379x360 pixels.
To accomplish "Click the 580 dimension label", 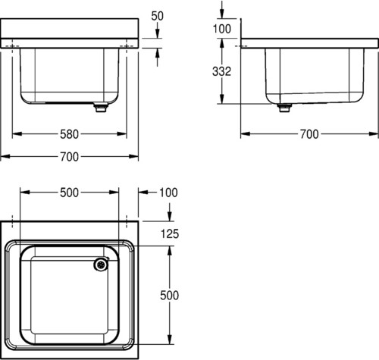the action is (69, 134).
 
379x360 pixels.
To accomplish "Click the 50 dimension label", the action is (157, 16).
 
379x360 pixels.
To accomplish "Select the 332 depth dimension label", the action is (221, 71).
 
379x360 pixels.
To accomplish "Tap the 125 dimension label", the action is (170, 233).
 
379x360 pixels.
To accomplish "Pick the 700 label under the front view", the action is (70, 157).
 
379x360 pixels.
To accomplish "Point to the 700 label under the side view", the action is (309, 134).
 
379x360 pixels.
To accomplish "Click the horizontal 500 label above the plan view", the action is (69, 193).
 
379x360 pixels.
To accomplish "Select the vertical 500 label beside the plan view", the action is (170, 295).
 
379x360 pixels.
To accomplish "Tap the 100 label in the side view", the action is (222, 29).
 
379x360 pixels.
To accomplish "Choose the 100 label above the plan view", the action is (168, 193).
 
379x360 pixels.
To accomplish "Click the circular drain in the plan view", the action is (101, 265).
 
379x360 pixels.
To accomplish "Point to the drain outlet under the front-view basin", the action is (100, 108).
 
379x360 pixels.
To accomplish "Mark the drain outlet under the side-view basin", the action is (284, 108).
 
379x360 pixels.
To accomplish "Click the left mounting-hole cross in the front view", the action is (12, 46).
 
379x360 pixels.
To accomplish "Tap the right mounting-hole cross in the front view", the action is (127, 46).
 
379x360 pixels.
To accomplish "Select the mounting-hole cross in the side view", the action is (241, 46).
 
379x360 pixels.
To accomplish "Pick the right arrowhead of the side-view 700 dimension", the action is (374, 134).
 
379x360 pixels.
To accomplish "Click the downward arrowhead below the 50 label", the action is (157, 33).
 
